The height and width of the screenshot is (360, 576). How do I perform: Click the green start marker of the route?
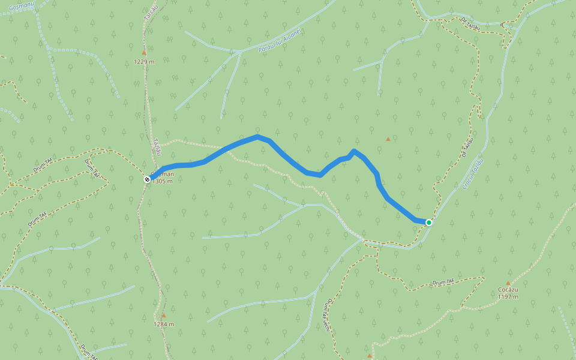tap(428, 223)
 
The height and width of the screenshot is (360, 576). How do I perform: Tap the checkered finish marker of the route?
tap(147, 179)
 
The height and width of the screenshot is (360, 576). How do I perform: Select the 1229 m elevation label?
tap(145, 61)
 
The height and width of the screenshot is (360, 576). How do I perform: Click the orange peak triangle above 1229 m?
tap(144, 53)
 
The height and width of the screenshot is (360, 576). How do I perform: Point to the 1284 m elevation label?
tap(164, 324)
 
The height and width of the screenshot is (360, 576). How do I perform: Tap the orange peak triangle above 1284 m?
tap(163, 315)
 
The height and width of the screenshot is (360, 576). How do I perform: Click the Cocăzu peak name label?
tap(508, 290)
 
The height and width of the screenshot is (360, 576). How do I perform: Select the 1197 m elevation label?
tap(508, 296)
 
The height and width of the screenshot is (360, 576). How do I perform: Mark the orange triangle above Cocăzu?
tap(508, 283)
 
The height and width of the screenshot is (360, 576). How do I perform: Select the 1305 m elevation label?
tap(163, 181)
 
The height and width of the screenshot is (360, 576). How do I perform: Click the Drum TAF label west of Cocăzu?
tap(443, 282)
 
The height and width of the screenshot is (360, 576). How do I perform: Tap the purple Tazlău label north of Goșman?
tap(157, 147)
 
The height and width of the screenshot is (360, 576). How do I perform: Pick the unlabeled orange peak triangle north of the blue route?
tap(388, 139)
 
